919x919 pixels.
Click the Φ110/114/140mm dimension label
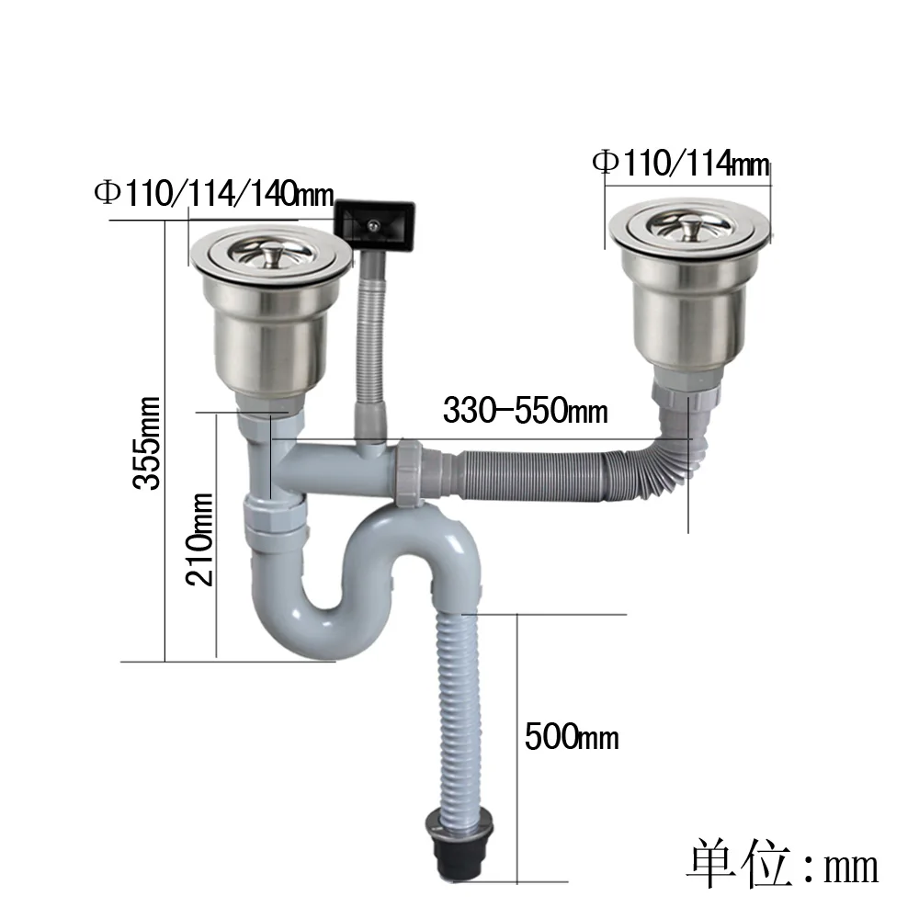(x=213, y=194)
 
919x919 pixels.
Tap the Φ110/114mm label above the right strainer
(x=681, y=163)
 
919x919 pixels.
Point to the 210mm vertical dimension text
(x=199, y=539)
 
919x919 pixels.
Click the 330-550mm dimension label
(x=525, y=410)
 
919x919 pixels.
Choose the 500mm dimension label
(x=571, y=736)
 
